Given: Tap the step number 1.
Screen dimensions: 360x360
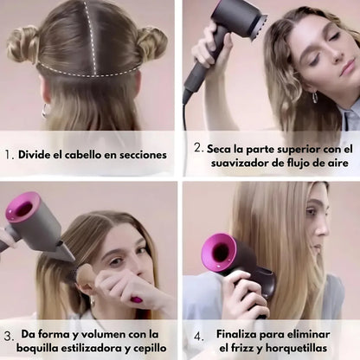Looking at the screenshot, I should click(10, 156).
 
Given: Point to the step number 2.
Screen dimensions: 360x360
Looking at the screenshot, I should click(197, 148).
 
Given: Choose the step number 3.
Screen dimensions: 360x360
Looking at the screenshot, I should click(10, 335).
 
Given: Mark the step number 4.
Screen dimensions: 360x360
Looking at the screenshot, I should click(197, 335).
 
